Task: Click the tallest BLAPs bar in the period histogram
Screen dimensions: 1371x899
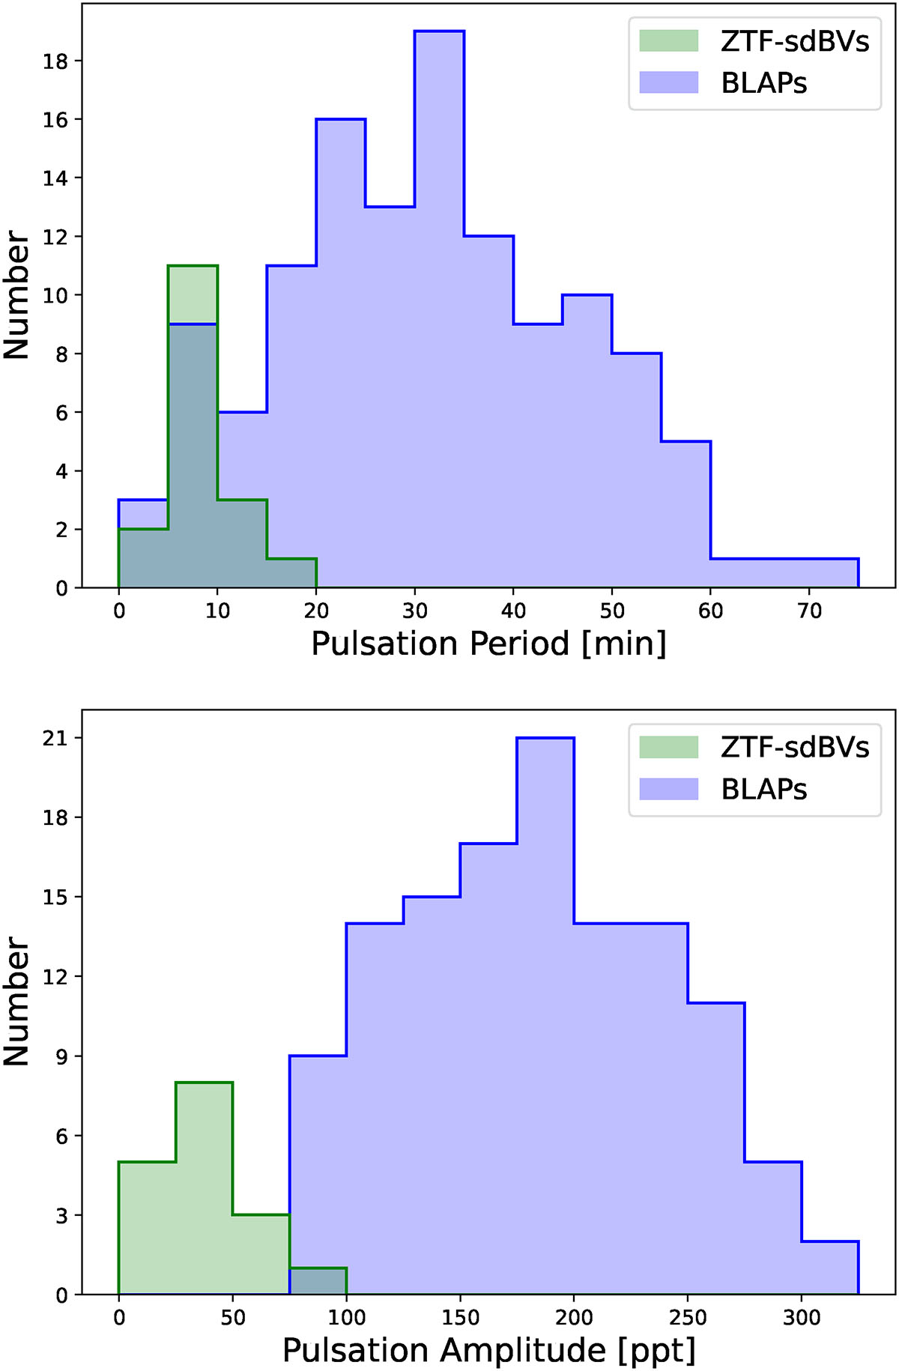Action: coord(440,300)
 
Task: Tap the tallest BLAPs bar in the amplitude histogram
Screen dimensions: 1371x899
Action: coord(545,1011)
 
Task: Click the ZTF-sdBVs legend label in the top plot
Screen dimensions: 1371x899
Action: coord(794,41)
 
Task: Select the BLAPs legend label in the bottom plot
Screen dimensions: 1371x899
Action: coord(763,789)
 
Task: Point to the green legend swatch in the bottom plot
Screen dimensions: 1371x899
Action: coord(668,747)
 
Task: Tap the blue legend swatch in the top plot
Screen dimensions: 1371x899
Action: coord(668,82)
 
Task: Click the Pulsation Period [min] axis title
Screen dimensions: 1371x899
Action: coord(488,644)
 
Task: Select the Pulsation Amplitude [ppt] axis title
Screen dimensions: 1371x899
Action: coord(488,1350)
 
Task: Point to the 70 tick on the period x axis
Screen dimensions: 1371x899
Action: coord(809,611)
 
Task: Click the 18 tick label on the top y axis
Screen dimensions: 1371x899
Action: coord(55,61)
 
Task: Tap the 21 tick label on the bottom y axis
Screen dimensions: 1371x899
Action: coord(55,739)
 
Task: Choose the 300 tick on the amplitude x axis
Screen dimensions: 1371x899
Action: coord(802,1317)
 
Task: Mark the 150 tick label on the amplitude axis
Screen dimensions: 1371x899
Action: coord(460,1317)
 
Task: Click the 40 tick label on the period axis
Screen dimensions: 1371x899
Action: coord(513,611)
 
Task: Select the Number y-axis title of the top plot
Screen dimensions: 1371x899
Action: coord(16,294)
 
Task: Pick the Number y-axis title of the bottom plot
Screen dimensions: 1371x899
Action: coord(16,1001)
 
